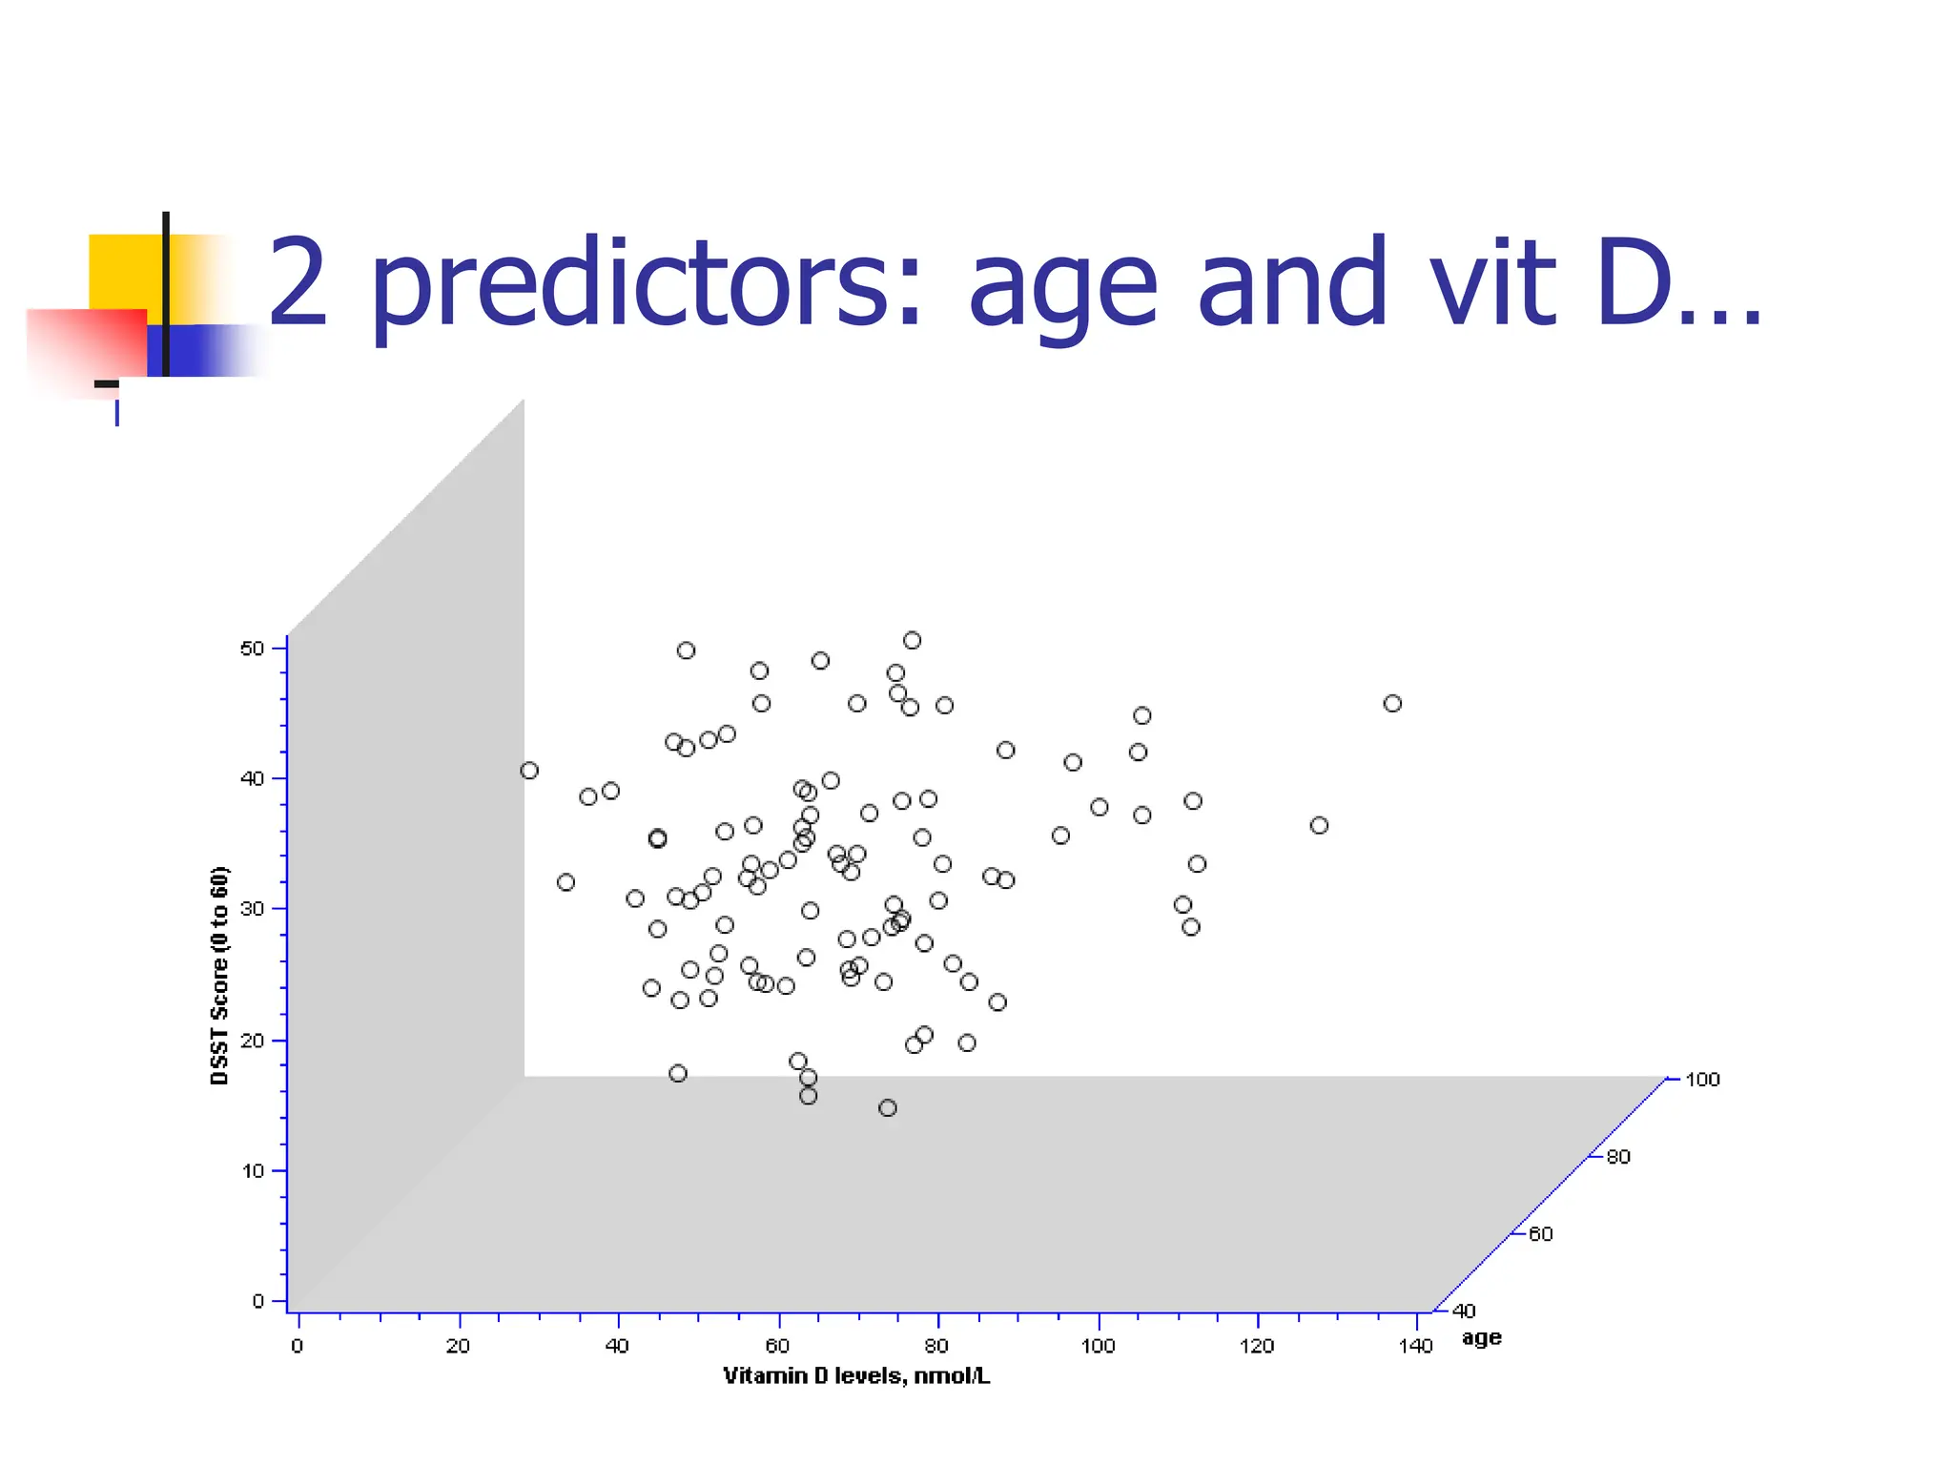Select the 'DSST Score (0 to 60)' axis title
220,975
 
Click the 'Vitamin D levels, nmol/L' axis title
856,1376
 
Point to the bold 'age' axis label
1481,1338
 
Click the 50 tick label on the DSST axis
252,649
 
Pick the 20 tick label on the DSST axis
252,1041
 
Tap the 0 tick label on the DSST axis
257,1301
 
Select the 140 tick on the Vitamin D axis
1416,1346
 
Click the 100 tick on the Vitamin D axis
1098,1346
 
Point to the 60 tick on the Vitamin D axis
778,1346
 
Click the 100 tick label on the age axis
1702,1080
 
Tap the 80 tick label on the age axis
1618,1157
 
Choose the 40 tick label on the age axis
1464,1311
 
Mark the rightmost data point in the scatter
1392,704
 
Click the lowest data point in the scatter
888,1107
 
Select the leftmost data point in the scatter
529,771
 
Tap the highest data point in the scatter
913,640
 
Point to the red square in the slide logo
86,343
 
